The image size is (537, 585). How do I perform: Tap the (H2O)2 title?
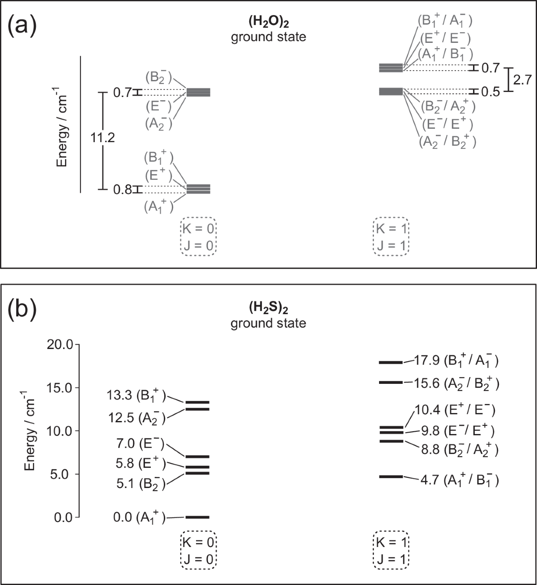click(268, 22)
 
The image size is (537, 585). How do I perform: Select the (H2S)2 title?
click(268, 308)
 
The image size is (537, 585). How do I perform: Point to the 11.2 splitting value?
click(102, 138)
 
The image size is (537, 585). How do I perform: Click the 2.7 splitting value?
click(522, 80)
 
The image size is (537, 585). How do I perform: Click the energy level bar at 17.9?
click(391, 362)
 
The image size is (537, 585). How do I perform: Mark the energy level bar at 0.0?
click(197, 517)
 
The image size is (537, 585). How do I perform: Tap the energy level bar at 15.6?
click(391, 383)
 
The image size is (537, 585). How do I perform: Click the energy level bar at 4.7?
click(391, 477)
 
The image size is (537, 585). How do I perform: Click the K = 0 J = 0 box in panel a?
click(199, 237)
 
